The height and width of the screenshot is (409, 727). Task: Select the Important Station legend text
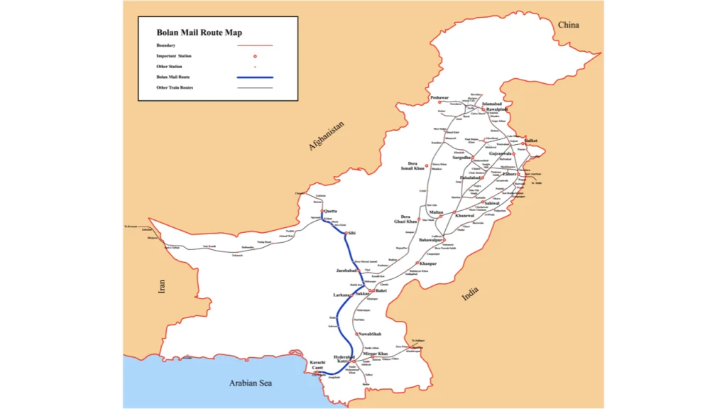(x=174, y=55)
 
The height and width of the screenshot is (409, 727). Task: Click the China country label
(x=568, y=25)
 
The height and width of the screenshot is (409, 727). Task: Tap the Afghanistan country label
(x=326, y=136)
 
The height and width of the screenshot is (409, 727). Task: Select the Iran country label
(x=162, y=286)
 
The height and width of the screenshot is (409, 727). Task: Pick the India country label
(x=470, y=293)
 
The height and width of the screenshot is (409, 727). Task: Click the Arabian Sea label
(x=250, y=383)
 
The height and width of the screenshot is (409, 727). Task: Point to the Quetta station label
(x=332, y=211)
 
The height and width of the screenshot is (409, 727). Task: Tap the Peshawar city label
(x=439, y=97)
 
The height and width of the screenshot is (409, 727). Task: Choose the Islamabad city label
(x=492, y=104)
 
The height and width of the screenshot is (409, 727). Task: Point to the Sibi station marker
(x=346, y=233)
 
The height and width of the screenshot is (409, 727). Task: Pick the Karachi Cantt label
(x=317, y=365)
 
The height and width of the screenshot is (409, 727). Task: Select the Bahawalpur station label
(x=431, y=241)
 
